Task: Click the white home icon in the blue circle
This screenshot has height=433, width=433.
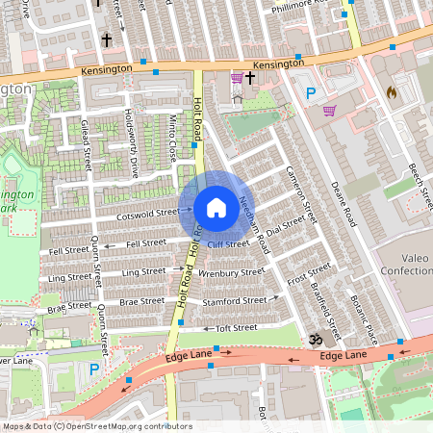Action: coord(216,208)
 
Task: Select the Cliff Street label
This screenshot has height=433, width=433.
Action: coord(228,244)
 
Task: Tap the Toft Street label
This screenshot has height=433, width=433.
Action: coord(236,328)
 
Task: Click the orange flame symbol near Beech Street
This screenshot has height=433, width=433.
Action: coord(391,92)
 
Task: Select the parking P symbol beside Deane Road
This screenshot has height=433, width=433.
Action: coord(310,93)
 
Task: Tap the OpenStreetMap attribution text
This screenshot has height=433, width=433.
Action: coord(96,426)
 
